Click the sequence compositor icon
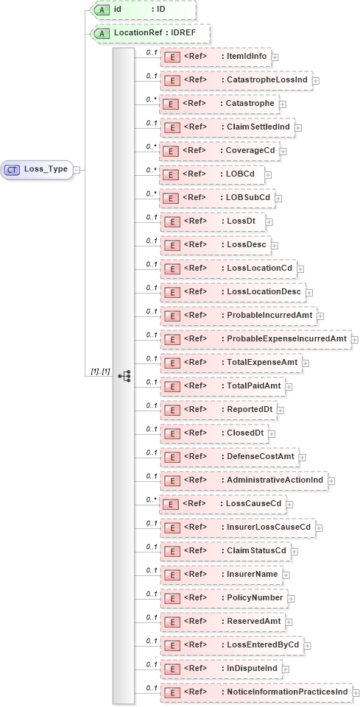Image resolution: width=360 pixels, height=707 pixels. point(124,376)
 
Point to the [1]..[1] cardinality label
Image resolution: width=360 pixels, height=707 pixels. point(100,372)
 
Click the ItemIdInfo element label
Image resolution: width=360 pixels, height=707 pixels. point(247,57)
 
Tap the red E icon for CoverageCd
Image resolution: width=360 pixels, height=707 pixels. point(171,151)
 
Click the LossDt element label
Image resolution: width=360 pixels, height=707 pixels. point(242,221)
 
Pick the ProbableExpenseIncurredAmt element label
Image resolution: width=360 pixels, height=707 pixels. point(286,339)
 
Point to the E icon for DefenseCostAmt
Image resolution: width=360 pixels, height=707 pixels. point(171,457)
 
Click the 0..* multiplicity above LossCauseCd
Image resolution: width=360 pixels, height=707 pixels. point(152,499)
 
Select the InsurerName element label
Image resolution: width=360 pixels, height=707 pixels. point(253,575)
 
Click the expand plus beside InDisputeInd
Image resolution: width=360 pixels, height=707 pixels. point(286,669)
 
